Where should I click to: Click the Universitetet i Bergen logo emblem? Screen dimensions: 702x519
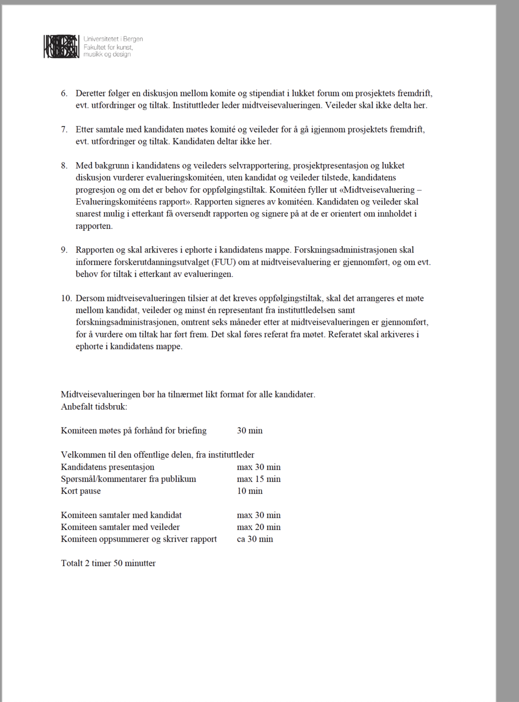(x=61, y=46)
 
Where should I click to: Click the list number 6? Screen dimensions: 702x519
(x=64, y=93)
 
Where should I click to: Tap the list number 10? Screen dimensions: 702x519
(x=66, y=298)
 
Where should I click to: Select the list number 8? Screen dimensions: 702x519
(x=64, y=166)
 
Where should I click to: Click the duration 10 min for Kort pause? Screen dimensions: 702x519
(x=250, y=491)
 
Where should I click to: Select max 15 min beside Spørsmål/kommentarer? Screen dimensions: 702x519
(x=258, y=479)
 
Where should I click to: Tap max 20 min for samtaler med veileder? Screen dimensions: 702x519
(x=258, y=527)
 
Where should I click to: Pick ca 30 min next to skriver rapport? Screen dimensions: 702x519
(x=254, y=539)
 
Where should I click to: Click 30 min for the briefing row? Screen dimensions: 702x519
(x=250, y=431)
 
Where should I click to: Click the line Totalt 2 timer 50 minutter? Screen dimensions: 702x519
(x=108, y=563)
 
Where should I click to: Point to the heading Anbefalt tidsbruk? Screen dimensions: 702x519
(x=94, y=407)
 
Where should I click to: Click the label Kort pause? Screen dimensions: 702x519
(x=80, y=491)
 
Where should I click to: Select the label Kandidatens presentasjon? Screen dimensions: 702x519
(x=107, y=467)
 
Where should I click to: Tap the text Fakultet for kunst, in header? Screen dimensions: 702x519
(x=108, y=47)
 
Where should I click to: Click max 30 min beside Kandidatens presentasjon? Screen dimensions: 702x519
(x=258, y=467)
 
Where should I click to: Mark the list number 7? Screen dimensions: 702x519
(x=64, y=130)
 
